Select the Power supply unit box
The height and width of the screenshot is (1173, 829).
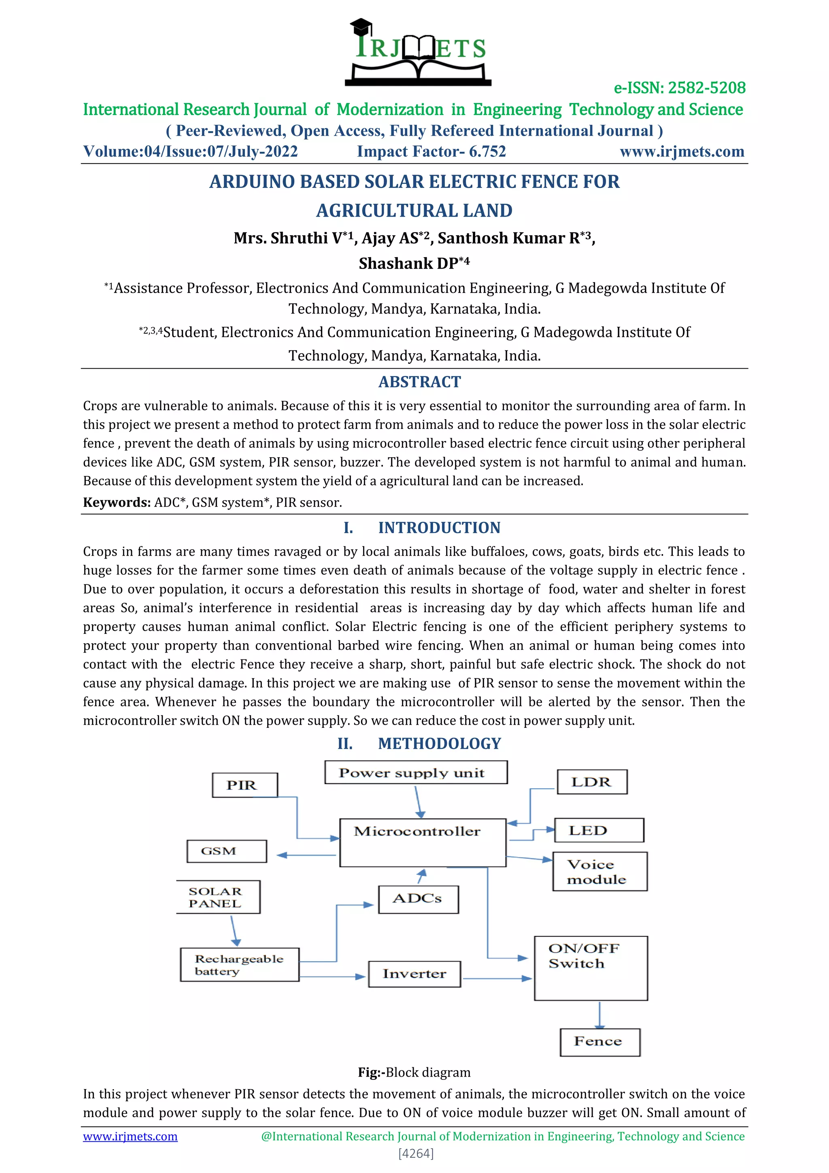416,772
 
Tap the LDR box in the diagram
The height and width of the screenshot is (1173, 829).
592,782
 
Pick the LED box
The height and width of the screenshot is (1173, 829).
598,830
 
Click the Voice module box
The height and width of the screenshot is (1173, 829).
599,872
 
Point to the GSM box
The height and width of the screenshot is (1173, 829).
226,851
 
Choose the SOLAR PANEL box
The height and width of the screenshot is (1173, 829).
218,897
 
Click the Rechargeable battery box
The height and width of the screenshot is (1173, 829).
239,964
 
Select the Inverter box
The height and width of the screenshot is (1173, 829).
414,974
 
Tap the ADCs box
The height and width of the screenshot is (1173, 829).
418,899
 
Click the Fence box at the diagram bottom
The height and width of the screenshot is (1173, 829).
599,1042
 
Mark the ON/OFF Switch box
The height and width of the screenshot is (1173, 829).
591,968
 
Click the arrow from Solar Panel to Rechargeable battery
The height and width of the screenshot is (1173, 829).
234,930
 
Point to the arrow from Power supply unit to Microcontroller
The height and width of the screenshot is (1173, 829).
418,801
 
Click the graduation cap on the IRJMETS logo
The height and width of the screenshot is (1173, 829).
361,26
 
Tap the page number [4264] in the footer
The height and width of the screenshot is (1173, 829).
416,1154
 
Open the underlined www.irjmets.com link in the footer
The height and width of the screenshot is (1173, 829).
130,1136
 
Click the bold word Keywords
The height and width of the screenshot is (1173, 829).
117,503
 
